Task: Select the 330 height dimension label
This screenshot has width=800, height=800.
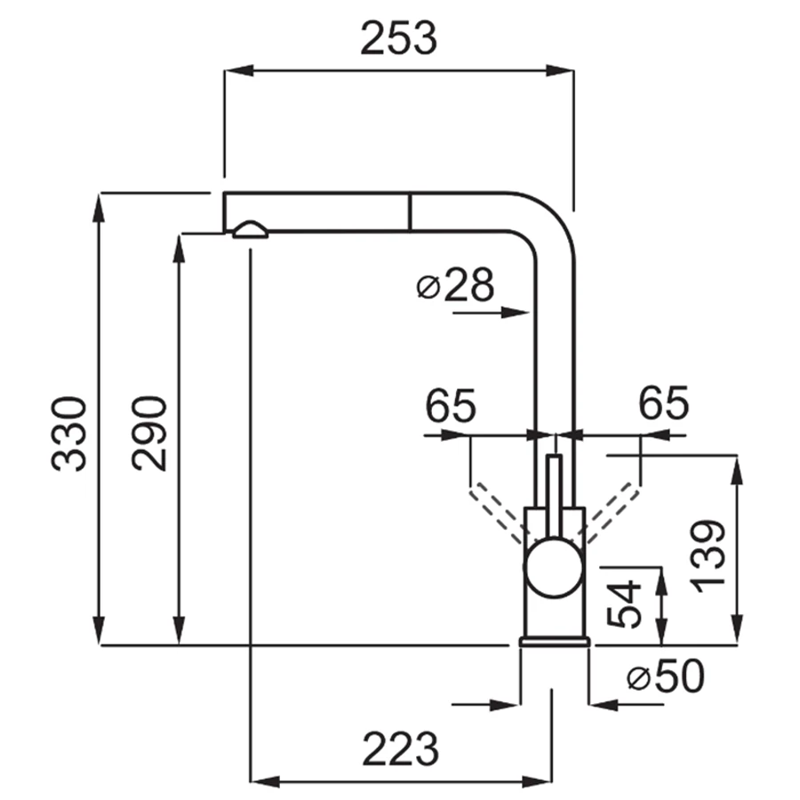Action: [68, 433]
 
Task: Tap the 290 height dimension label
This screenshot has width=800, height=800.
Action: [149, 433]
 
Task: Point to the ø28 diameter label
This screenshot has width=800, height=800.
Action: [455, 284]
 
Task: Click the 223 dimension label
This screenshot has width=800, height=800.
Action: [401, 748]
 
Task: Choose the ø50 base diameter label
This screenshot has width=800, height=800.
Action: [665, 676]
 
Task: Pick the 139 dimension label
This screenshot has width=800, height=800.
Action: [708, 556]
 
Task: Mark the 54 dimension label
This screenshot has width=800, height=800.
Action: [624, 604]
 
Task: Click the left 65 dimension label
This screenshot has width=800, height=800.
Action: [451, 405]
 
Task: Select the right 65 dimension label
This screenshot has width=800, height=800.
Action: [663, 403]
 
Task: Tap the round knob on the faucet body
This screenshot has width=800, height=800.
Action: [554, 567]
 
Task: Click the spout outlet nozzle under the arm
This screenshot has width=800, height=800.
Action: [250, 230]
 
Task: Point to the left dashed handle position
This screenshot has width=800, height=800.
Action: [498, 512]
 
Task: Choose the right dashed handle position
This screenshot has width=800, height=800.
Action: [612, 512]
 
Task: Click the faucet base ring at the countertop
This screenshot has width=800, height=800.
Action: [554, 641]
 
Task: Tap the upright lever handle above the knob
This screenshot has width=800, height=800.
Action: [554, 496]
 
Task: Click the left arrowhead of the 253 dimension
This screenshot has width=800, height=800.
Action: [239, 71]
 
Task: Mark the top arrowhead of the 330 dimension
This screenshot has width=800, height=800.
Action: [99, 207]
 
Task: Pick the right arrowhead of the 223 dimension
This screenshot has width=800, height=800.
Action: [537, 781]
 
